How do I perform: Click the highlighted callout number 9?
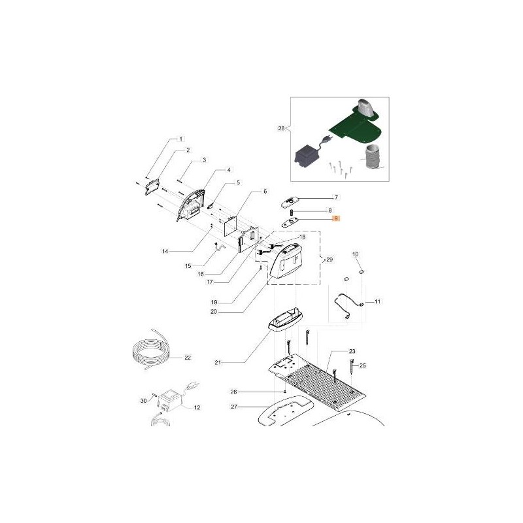336,219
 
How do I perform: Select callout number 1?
181,139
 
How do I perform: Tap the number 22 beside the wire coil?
188,358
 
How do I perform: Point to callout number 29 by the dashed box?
329,260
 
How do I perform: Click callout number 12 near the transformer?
197,407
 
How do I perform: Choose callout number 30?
143,401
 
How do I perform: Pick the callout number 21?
218,363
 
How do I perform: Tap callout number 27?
234,407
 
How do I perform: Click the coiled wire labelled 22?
151,348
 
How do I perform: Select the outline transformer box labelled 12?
170,400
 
